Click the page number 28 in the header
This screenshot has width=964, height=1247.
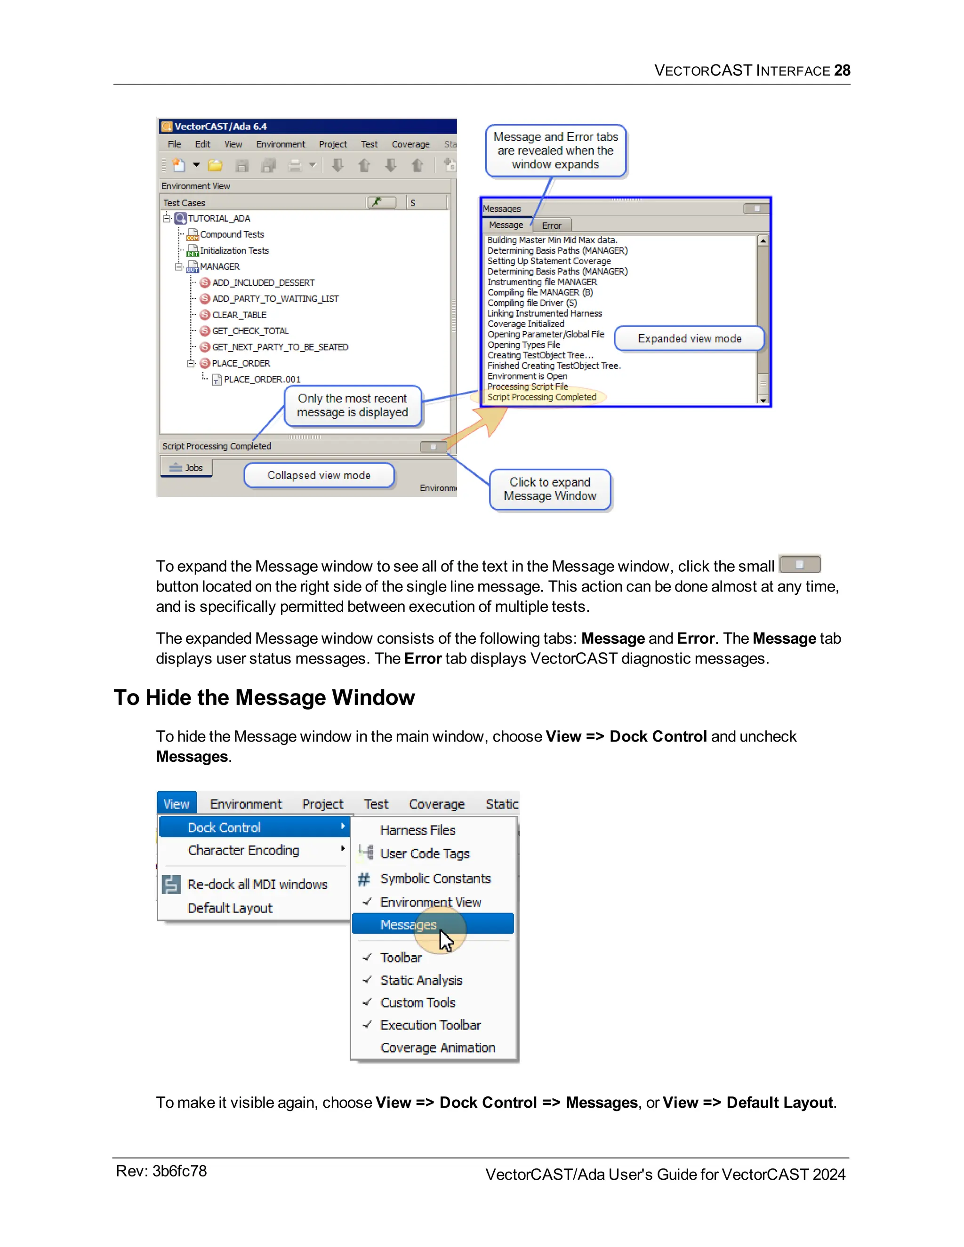click(841, 70)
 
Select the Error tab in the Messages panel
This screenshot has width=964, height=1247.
click(551, 225)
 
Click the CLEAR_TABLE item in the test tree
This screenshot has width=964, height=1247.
click(239, 315)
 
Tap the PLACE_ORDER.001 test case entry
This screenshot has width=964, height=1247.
click(262, 379)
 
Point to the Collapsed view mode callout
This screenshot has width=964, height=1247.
click(319, 475)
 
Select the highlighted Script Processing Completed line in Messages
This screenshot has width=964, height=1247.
click(541, 397)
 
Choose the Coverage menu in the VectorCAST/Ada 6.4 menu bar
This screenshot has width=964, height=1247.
click(410, 144)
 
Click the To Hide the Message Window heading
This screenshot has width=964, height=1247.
click(264, 697)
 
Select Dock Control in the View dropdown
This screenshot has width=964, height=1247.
click(224, 827)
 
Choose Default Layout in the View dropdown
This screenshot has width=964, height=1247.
click(230, 908)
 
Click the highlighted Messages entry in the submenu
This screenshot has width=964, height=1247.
click(408, 924)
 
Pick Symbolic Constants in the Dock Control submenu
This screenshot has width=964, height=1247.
click(435, 879)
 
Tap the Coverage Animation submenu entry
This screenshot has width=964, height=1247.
click(437, 1048)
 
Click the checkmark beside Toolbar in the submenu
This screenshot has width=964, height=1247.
click(367, 957)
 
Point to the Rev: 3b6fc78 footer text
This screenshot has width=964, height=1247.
click(161, 1171)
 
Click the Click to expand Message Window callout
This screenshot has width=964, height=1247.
click(549, 489)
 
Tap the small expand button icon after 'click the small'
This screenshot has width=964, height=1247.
click(800, 564)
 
